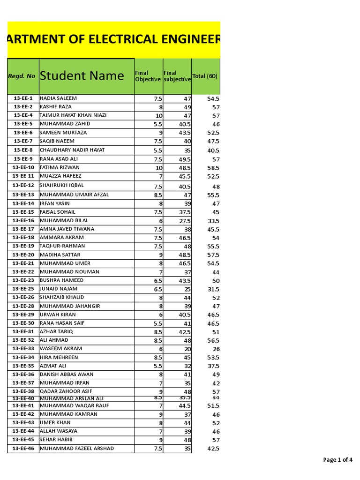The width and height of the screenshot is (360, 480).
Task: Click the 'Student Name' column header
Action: tap(82, 76)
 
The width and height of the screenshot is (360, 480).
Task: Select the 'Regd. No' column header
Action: tap(22, 76)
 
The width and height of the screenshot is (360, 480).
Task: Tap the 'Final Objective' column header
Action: tap(148, 76)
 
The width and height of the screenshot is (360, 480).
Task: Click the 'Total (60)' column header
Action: tap(205, 76)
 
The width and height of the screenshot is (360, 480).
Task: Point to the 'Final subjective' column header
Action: tap(177, 76)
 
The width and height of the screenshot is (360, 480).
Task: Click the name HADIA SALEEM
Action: tap(58, 98)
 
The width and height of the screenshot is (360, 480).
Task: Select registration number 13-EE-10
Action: tap(23, 167)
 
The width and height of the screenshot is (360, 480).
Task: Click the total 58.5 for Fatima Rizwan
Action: tap(213, 168)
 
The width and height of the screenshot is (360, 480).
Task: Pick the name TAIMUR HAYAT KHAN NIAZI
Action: tap(73, 115)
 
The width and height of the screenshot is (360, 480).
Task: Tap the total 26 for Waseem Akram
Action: tap(216, 349)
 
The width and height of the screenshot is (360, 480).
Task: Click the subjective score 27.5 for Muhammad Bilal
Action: tap(184, 221)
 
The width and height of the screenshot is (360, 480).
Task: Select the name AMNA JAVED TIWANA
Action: tap(67, 229)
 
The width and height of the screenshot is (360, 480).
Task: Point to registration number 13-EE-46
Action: tap(23, 449)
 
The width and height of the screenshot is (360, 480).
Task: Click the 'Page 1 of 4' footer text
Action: tap(337, 460)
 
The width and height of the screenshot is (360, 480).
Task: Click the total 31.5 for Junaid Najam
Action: tap(213, 289)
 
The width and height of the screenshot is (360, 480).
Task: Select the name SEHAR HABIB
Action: tap(56, 440)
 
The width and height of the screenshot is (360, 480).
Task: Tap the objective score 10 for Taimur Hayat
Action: tap(158, 116)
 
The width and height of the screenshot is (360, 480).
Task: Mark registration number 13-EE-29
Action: tap(23, 315)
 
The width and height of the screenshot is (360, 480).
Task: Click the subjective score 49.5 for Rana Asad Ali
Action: tap(184, 159)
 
